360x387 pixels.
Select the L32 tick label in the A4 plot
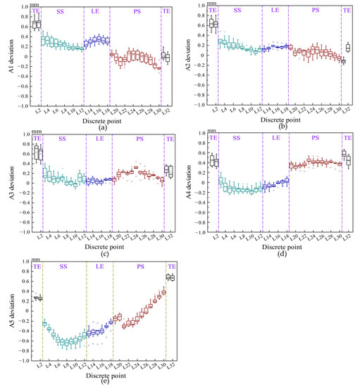[348, 235]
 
